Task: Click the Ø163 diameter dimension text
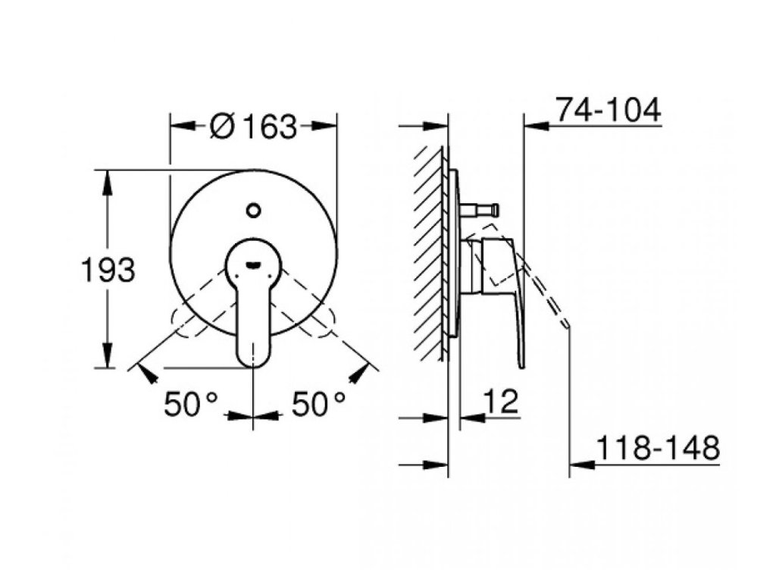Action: tap(253, 127)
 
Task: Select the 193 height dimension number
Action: tap(108, 271)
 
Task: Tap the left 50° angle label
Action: tap(190, 404)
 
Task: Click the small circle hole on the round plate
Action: tap(253, 211)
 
